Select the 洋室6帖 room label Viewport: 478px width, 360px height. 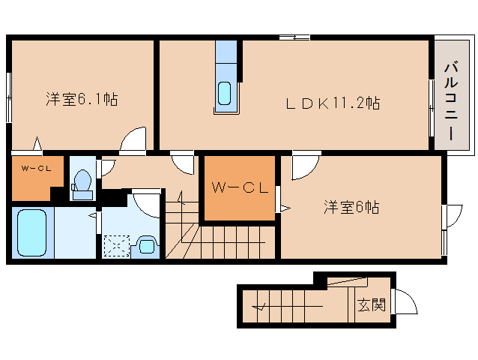coord(351,207)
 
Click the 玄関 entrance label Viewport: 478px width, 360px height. coord(370,305)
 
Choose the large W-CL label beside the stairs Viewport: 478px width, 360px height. coord(240,187)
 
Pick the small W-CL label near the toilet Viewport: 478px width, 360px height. coord(35,168)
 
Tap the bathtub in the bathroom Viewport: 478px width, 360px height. coord(31,231)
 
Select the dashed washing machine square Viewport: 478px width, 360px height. coord(116,246)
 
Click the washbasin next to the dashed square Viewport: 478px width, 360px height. coord(148,244)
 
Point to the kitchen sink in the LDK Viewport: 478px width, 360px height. coord(225,93)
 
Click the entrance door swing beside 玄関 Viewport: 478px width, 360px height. coord(405,303)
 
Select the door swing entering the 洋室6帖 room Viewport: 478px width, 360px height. coord(305,166)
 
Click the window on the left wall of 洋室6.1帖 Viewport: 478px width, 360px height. coord(9,96)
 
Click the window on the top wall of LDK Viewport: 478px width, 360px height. coord(294,37)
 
